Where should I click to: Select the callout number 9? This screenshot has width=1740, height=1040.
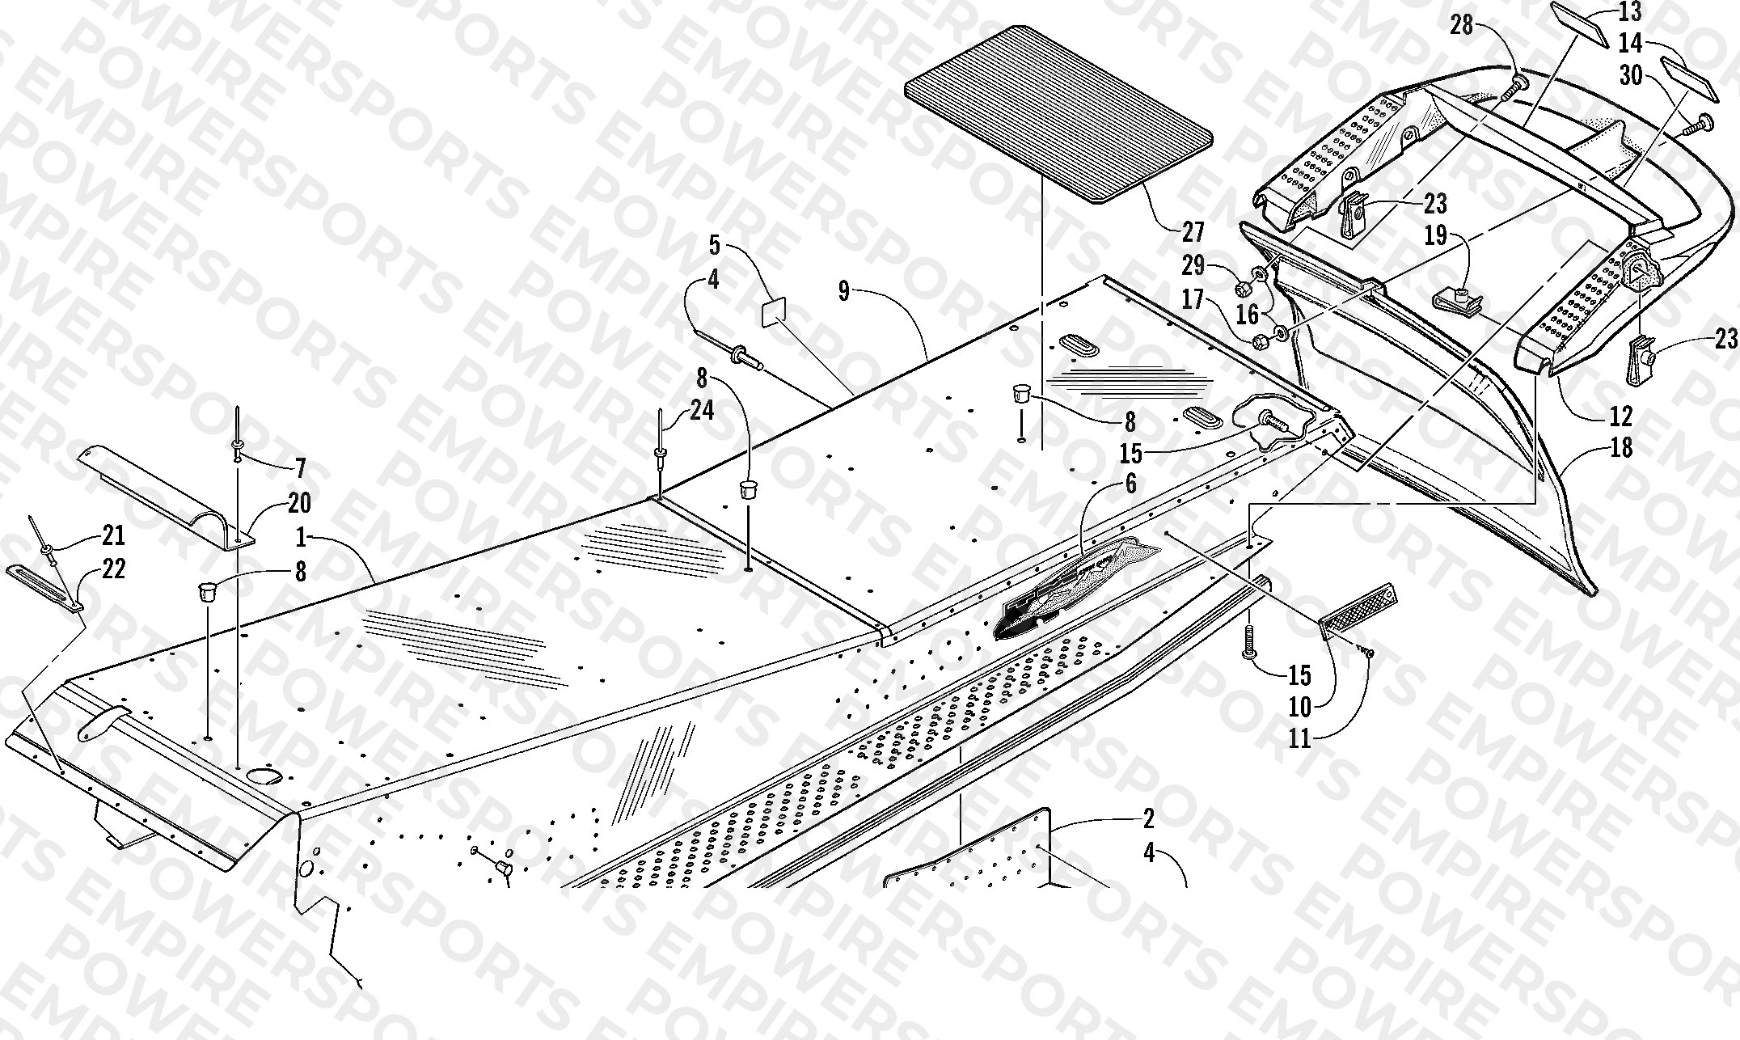coord(843,291)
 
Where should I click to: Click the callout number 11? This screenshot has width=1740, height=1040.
coord(1299,738)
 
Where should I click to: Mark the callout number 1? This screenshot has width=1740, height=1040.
coord(302,536)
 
